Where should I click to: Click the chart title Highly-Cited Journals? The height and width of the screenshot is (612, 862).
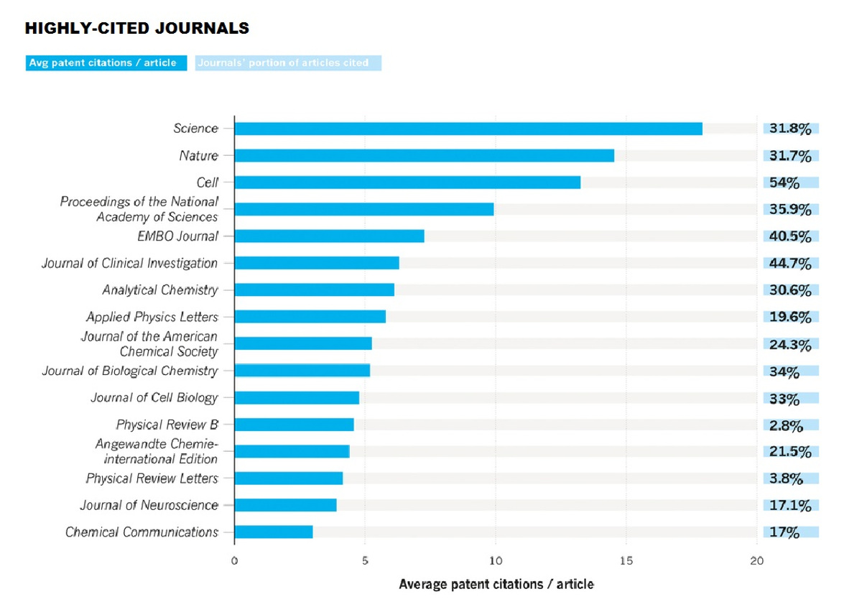point(137,29)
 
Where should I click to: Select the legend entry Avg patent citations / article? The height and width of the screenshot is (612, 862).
point(106,62)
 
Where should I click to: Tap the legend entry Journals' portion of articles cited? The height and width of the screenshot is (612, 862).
point(288,62)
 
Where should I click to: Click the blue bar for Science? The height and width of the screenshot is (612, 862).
point(468,129)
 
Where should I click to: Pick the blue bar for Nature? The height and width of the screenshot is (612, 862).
point(425,156)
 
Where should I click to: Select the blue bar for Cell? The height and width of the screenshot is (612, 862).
point(407,182)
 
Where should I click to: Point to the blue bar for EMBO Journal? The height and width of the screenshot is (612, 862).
point(330,236)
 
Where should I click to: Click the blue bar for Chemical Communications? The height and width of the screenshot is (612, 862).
point(274,532)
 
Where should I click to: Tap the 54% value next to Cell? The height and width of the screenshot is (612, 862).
point(784,182)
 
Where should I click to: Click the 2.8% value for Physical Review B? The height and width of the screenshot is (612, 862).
point(786,426)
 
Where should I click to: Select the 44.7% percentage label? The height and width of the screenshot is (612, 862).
point(790,264)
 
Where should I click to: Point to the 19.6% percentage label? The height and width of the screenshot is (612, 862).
point(790,317)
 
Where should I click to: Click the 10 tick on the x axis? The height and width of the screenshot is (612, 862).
point(496,561)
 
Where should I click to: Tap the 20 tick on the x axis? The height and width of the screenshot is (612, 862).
point(756,561)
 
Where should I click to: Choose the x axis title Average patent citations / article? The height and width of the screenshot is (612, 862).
point(496,584)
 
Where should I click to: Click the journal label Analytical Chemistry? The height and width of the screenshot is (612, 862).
point(160,290)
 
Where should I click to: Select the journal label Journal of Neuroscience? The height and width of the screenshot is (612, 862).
point(149,505)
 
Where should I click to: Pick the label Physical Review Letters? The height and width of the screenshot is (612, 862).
point(152,478)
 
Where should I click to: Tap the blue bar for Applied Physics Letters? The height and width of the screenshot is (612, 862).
point(310,317)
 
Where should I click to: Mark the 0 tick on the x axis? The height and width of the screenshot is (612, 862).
point(234,561)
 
